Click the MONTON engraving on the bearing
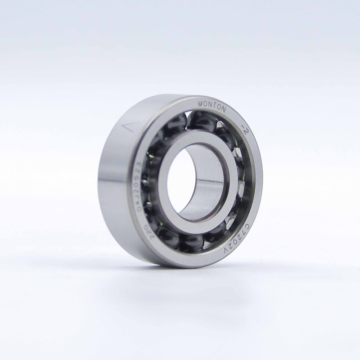pyautogui.click(x=212, y=106)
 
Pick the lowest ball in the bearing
pyautogui.click(x=191, y=243)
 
